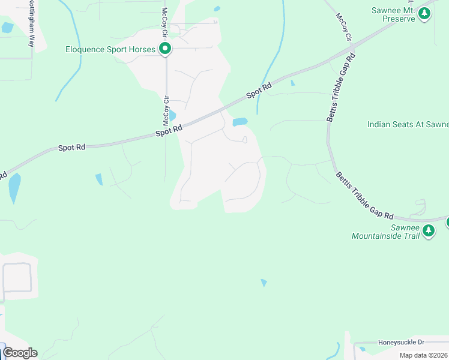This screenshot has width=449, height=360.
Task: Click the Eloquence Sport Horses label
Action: [110, 49]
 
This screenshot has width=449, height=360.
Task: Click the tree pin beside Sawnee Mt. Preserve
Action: [425, 13]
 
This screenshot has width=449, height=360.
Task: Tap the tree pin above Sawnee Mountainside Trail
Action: [428, 230]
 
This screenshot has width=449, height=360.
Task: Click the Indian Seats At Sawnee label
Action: [408, 124]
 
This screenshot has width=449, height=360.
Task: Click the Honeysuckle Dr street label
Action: [401, 342]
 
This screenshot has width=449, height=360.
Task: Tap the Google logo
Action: [20, 353]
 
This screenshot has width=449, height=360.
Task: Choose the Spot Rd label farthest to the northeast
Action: [259, 91]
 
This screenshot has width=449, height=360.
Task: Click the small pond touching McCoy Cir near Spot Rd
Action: [173, 115]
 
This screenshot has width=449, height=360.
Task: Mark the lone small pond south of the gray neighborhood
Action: [264, 283]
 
